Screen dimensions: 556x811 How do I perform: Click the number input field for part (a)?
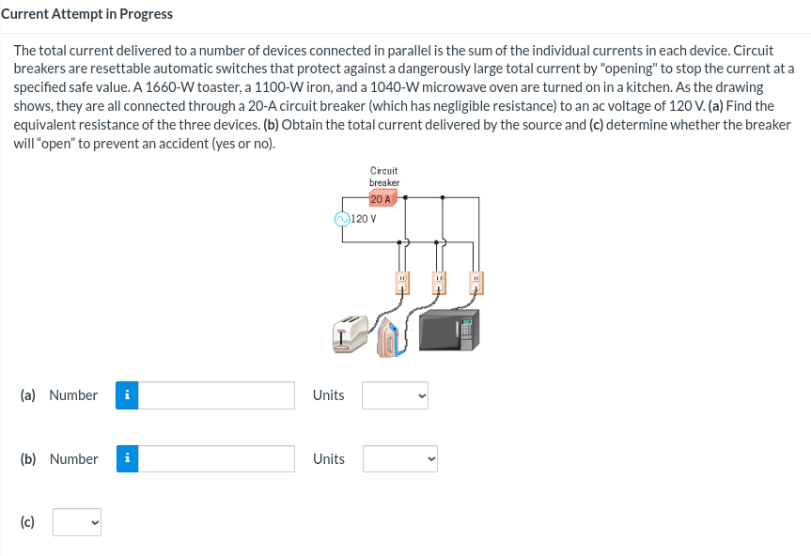pyautogui.click(x=217, y=395)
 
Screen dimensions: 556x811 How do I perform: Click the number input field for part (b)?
pyautogui.click(x=217, y=459)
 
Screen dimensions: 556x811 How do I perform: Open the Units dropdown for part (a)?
pyautogui.click(x=396, y=395)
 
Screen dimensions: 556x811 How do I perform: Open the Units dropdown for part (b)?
pyautogui.click(x=400, y=459)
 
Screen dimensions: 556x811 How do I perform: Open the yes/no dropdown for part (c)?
pyautogui.click(x=77, y=522)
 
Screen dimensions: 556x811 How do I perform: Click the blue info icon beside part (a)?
pyautogui.click(x=127, y=395)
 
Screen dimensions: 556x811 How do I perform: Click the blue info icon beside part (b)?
pyautogui.click(x=127, y=459)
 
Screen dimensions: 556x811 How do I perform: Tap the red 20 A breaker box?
pyautogui.click(x=382, y=198)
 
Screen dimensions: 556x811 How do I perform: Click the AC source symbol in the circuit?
pyautogui.click(x=340, y=220)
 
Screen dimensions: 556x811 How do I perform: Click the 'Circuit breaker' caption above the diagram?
pyautogui.click(x=383, y=177)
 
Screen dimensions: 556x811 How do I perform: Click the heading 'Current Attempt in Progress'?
pyautogui.click(x=86, y=14)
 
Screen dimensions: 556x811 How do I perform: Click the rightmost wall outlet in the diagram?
pyautogui.click(x=476, y=282)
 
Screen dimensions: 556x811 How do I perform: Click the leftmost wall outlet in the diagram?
pyautogui.click(x=401, y=282)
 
